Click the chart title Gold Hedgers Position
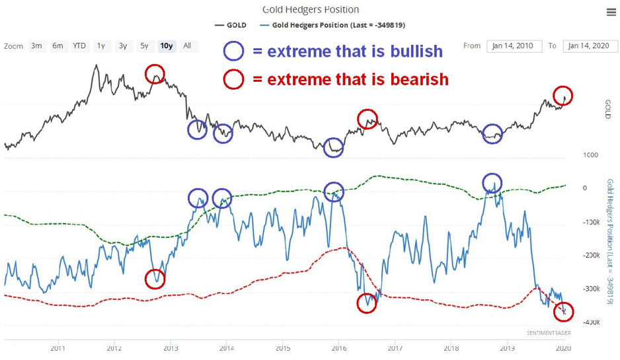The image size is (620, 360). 310,9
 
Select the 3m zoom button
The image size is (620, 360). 36,46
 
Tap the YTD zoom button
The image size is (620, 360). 79,46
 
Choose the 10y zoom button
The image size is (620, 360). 166,46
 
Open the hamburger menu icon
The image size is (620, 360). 611,12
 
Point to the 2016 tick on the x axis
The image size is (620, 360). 338,347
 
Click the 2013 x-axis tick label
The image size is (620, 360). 171,347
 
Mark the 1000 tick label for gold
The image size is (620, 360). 590,155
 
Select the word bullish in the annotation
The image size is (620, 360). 410,51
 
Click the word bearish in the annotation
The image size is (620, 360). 414,79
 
